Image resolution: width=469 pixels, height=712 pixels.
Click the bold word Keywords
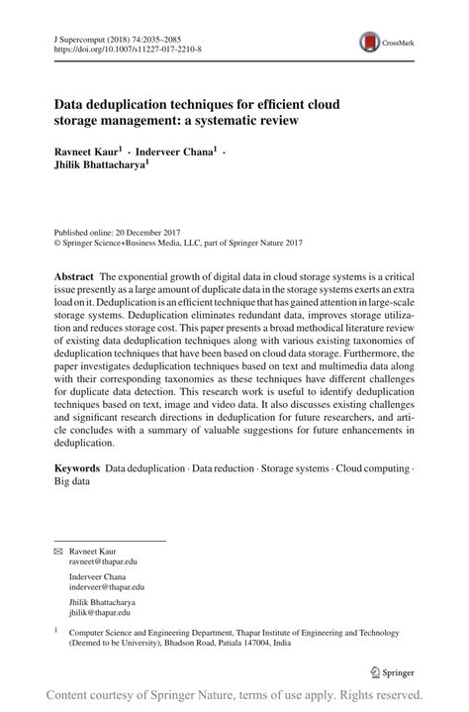click(77, 466)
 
